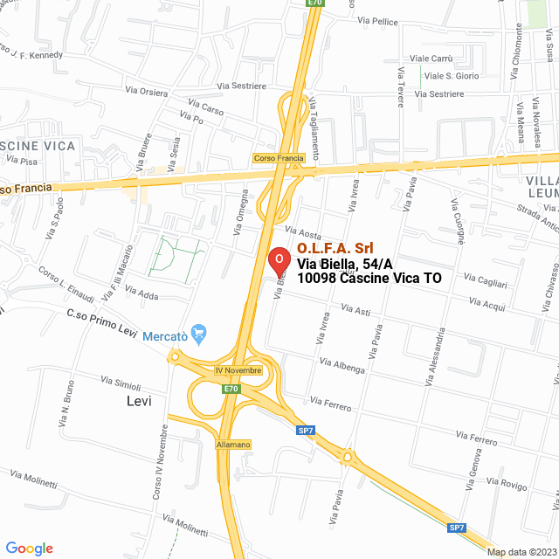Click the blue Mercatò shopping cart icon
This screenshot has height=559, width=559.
pos(198,332)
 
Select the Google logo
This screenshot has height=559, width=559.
pos(29,548)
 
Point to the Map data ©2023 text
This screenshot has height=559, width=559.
pos(521,552)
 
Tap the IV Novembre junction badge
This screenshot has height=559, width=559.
pos(238,370)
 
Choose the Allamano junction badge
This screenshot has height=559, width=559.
pos(233,445)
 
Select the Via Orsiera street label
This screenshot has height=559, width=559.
pos(147,91)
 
